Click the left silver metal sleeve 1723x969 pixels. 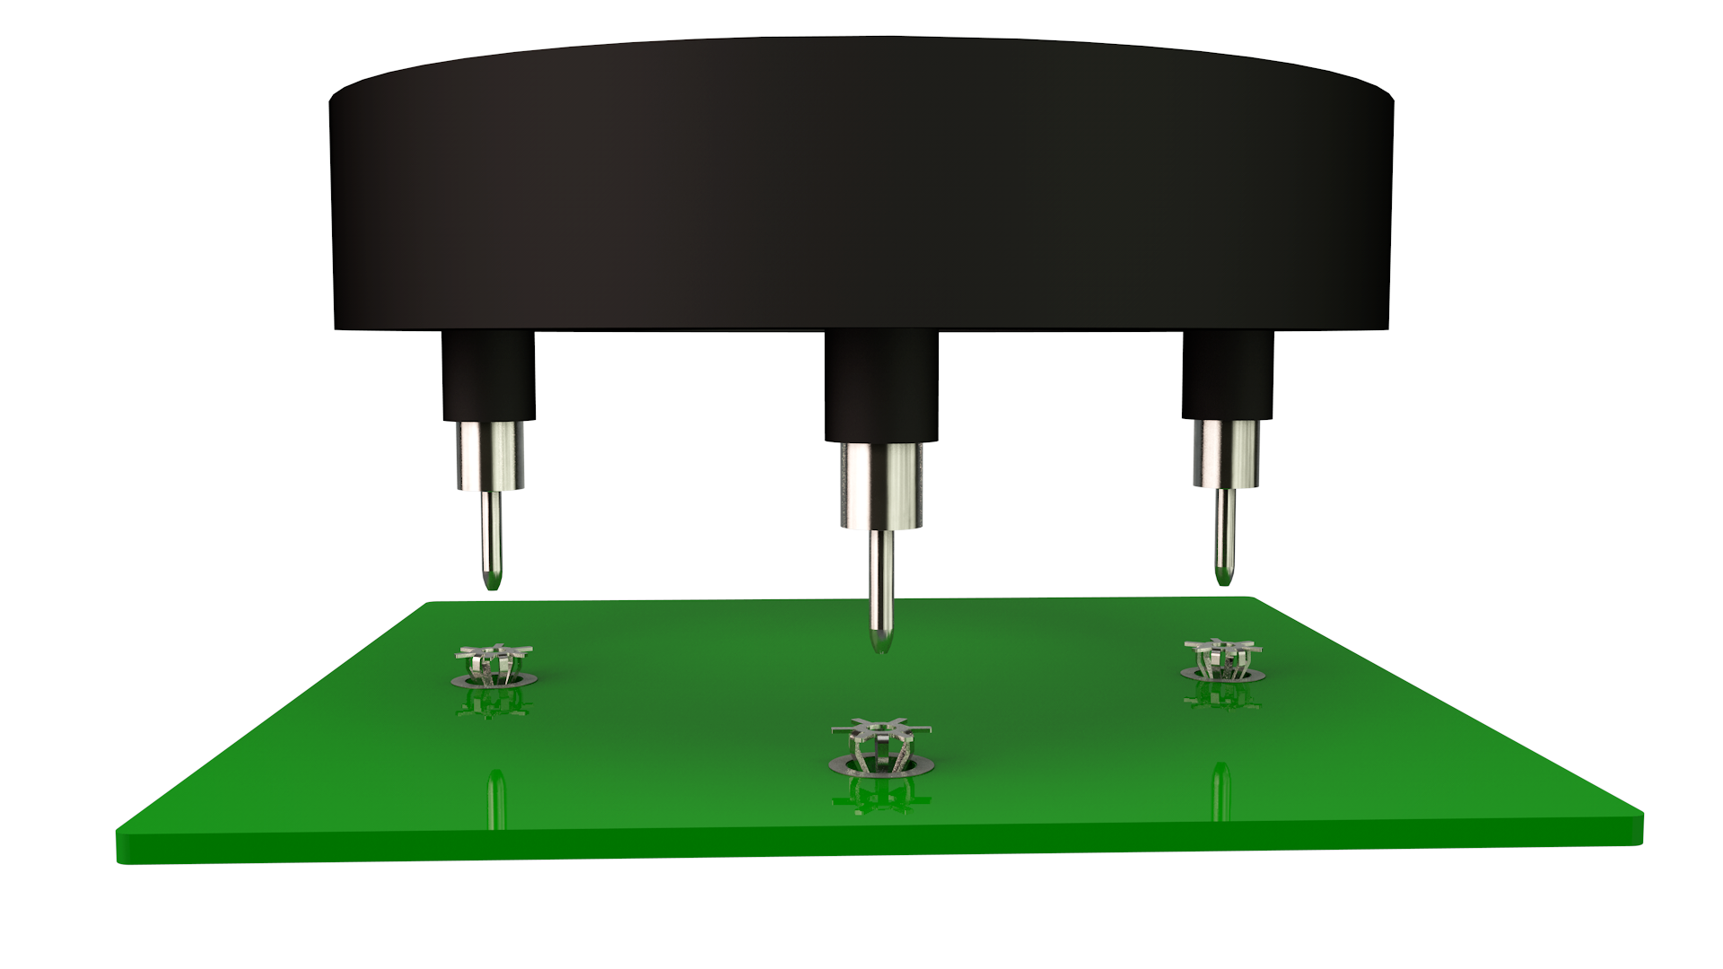click(490, 456)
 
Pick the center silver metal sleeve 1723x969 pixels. click(881, 485)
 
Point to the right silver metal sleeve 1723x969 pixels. click(1226, 454)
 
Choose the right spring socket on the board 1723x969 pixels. click(1221, 660)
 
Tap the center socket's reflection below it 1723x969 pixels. click(879, 795)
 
